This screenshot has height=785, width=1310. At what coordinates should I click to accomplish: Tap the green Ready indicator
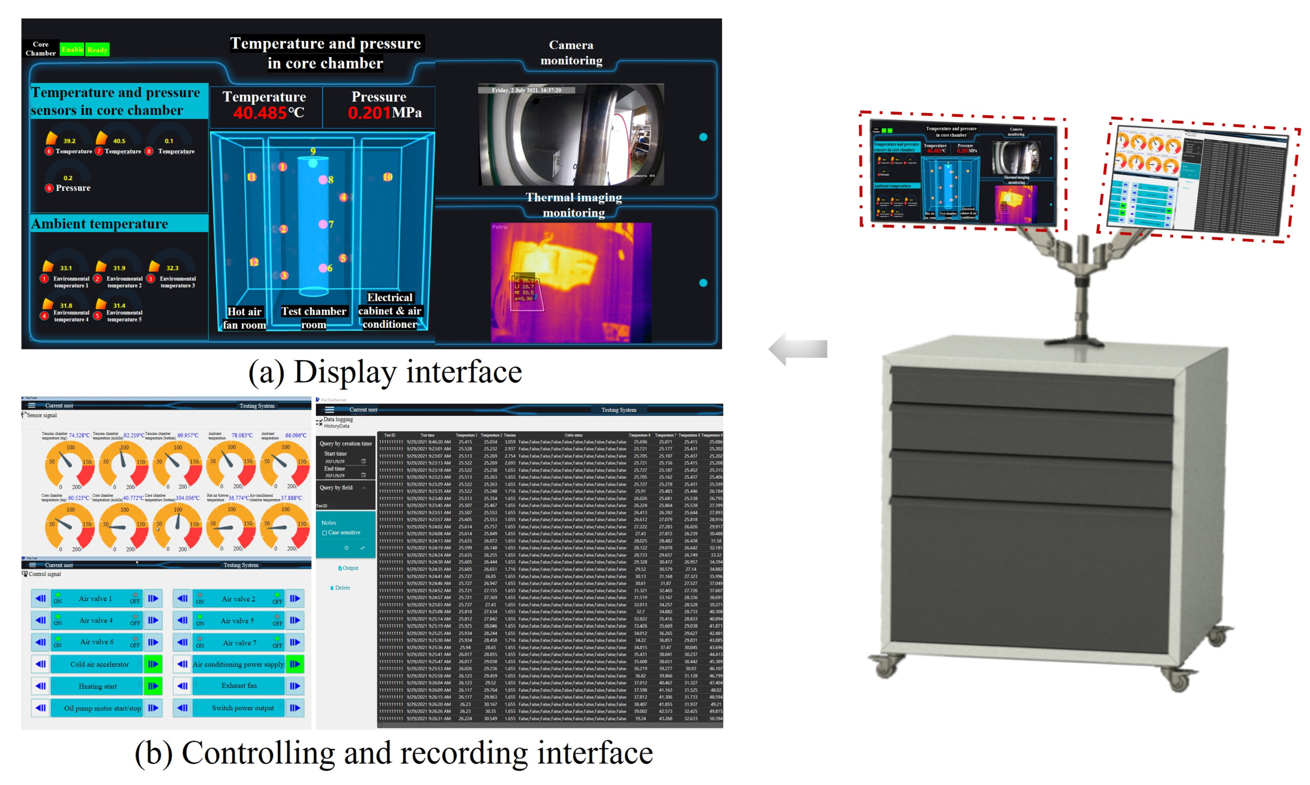tap(97, 50)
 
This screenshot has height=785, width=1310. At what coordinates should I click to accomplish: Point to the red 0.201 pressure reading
tap(369, 113)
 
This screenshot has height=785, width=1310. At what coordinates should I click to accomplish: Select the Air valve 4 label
tap(96, 621)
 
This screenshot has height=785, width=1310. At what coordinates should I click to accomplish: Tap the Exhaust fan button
tap(239, 686)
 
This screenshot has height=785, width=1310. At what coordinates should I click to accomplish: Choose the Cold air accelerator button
tap(99, 664)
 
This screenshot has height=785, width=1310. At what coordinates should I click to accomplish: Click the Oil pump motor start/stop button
tap(102, 708)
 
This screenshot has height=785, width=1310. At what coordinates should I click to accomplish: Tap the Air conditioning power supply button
tap(238, 664)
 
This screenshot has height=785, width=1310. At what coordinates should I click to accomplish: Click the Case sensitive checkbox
tap(324, 533)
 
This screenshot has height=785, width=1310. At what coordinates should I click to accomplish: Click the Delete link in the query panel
tap(342, 588)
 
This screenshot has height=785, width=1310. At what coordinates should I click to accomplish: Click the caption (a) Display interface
tap(385, 372)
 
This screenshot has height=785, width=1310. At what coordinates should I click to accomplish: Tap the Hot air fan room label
tap(244, 318)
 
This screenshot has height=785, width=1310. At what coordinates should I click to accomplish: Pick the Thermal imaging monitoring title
tap(573, 205)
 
